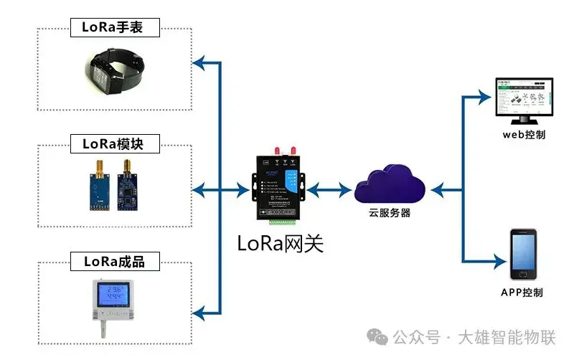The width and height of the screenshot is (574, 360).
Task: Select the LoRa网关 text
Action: tap(281, 244)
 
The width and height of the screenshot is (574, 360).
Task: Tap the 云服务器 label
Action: tap(390, 214)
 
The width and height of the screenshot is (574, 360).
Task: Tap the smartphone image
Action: tap(522, 255)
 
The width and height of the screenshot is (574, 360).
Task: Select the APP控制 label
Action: tap(522, 293)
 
